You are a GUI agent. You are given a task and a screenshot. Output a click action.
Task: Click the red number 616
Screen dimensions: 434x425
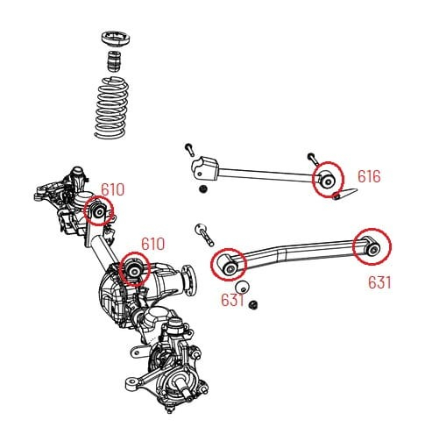(369, 176)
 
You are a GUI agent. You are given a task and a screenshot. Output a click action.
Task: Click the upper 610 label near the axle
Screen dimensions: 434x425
(112, 189)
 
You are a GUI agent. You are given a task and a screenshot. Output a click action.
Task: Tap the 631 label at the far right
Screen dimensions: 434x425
(379, 282)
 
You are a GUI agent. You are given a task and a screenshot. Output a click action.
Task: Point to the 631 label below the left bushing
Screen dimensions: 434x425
(232, 299)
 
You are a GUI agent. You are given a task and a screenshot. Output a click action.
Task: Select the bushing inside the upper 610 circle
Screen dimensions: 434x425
(99, 212)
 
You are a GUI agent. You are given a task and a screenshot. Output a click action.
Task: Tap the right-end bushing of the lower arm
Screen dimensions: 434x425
(372, 246)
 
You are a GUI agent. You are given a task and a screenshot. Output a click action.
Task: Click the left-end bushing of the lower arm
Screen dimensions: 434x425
(230, 265)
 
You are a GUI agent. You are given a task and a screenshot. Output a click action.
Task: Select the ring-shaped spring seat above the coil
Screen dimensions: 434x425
(116, 43)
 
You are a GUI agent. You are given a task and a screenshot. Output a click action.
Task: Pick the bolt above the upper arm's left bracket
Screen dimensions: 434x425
(188, 146)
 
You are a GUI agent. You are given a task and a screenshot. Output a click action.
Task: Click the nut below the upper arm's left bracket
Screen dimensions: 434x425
(203, 189)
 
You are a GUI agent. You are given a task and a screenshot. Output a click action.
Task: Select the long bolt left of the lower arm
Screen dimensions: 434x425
(204, 234)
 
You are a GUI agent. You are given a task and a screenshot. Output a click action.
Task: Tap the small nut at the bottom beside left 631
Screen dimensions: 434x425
(252, 304)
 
